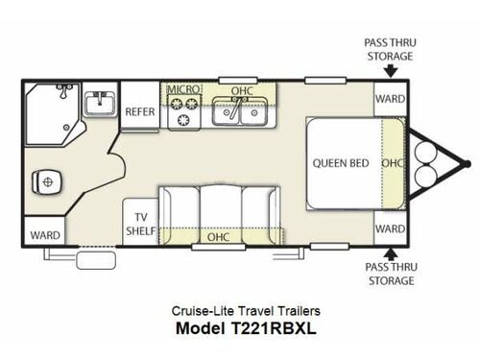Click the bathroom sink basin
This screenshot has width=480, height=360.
pyautogui.click(x=98, y=102)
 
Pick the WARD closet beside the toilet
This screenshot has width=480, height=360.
pyautogui.click(x=44, y=234)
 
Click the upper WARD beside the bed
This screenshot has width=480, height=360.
pyautogui.click(x=389, y=98)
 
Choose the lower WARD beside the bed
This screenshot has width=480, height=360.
pyautogui.click(x=389, y=228)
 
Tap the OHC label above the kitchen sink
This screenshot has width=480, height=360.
pyautogui.click(x=241, y=90)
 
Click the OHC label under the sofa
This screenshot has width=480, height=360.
pyautogui.click(x=219, y=235)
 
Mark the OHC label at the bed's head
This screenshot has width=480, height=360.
pyautogui.click(x=391, y=162)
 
